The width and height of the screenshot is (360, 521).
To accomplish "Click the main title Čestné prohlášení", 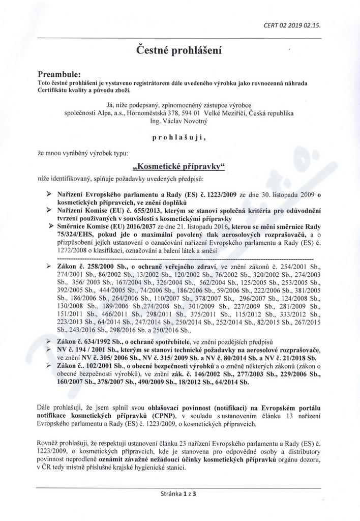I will point(179,50).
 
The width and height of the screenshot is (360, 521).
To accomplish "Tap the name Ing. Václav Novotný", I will point(179,122).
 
